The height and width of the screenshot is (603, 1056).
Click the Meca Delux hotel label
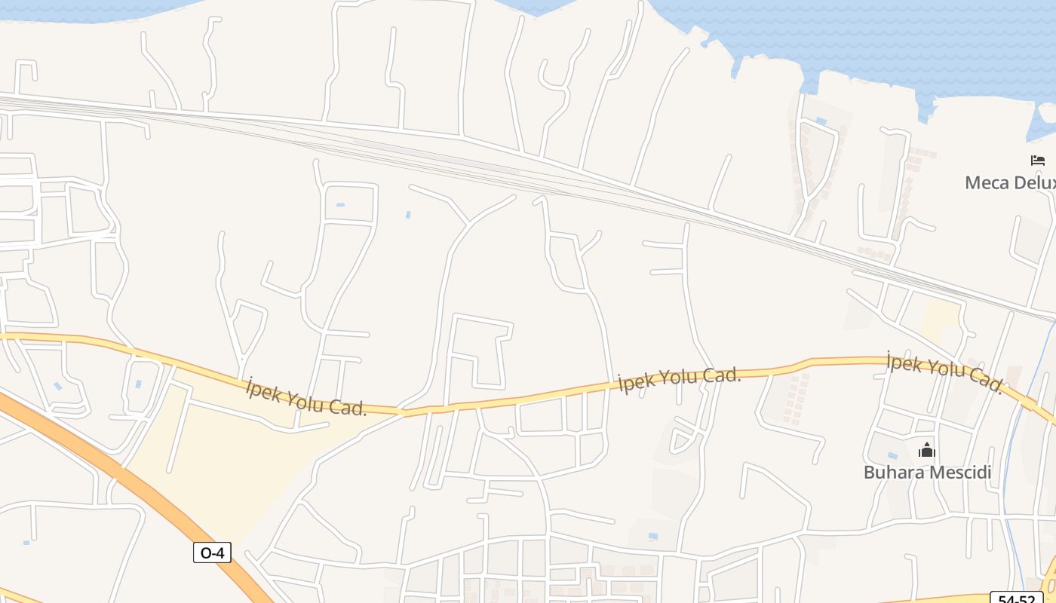point(1010,182)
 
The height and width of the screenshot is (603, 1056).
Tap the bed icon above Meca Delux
point(1038,160)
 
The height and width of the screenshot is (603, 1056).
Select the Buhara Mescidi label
point(927,473)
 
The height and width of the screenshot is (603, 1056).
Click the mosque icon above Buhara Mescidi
point(926,451)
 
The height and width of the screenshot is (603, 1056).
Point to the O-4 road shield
point(212,553)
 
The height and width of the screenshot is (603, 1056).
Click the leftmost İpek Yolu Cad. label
point(306,397)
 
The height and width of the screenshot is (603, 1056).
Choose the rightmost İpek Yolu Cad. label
point(945,372)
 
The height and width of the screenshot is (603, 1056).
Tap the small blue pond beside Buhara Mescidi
point(893,455)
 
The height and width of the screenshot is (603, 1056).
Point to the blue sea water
point(867,38)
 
